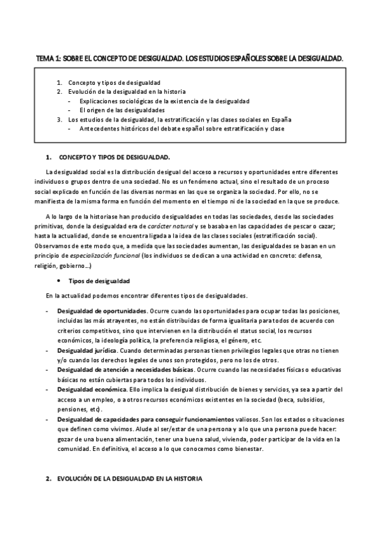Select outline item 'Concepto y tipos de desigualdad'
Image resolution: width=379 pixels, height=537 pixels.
pos(114,82)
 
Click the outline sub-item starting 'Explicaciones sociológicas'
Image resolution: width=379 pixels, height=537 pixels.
pos(165,101)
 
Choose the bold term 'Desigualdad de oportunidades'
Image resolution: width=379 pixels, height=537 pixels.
pos(101,312)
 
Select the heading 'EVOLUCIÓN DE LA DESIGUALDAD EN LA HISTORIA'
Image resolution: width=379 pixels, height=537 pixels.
pos(130,479)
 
